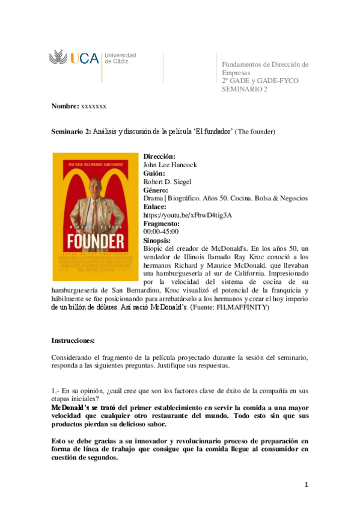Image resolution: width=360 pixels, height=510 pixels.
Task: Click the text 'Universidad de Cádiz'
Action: (120, 58)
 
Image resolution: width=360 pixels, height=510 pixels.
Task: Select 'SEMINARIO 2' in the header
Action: (245, 89)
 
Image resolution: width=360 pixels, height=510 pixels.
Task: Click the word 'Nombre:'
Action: (64, 106)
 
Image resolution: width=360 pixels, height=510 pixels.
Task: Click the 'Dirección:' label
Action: (159, 156)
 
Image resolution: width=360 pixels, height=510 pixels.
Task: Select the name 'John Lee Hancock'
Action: (170, 165)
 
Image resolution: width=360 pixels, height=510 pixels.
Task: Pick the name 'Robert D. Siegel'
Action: (168, 182)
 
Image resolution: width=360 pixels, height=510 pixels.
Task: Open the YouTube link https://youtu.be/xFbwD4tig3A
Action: (188, 215)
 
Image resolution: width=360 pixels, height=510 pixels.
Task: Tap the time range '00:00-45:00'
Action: (160, 232)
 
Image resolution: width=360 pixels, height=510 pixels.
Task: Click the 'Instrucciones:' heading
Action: (73, 340)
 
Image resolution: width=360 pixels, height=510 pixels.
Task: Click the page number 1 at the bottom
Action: (306, 485)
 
